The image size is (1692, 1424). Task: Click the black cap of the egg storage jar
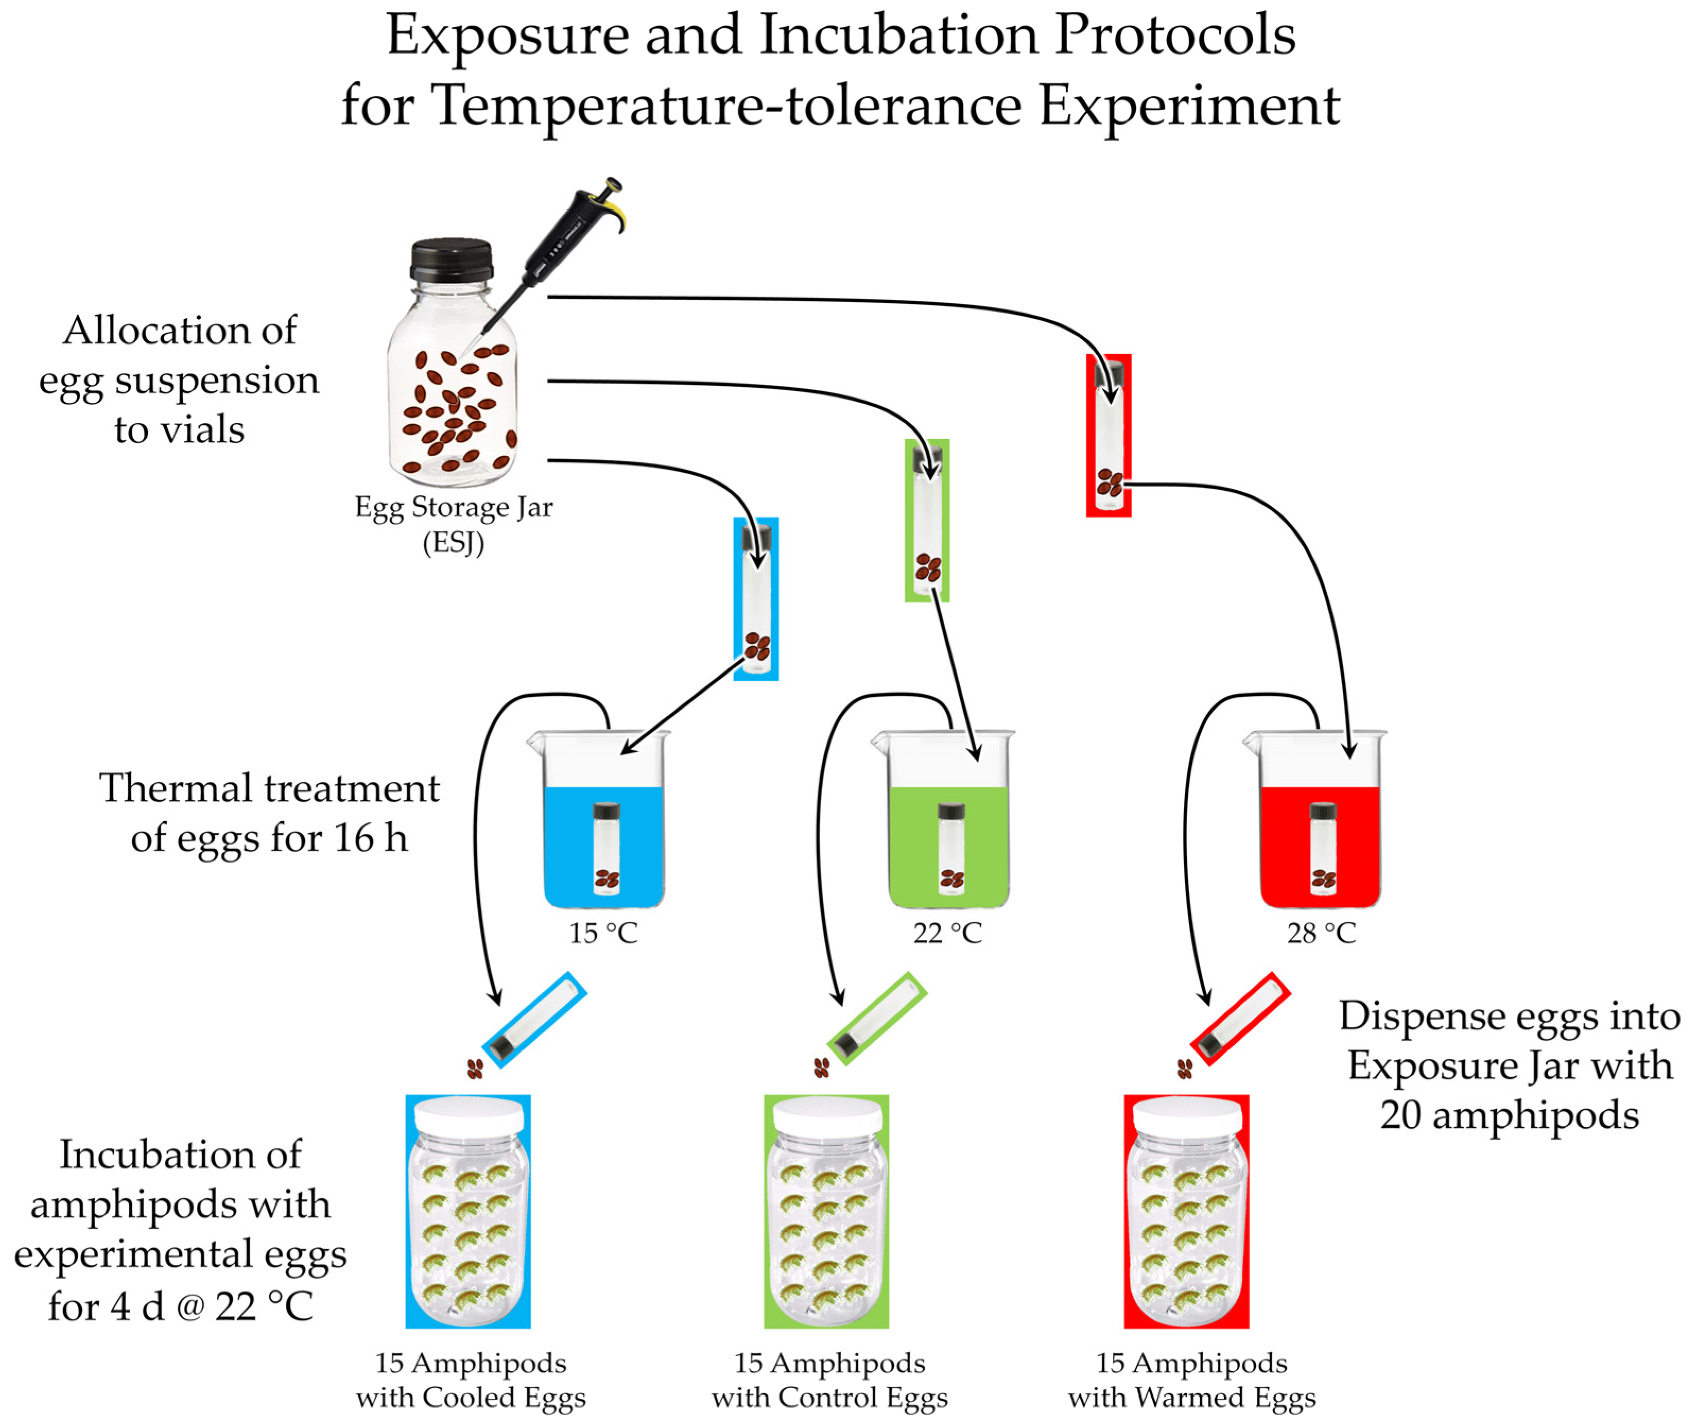(x=451, y=259)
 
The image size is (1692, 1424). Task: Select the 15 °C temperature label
(x=604, y=933)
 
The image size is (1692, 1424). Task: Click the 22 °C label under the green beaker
(x=947, y=933)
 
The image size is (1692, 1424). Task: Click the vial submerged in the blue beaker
(x=606, y=848)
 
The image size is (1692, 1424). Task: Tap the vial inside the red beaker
(x=1323, y=848)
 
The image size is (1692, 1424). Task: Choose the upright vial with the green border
(x=927, y=521)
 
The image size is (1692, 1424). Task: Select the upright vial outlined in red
(x=1109, y=436)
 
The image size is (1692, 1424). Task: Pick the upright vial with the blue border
(x=756, y=599)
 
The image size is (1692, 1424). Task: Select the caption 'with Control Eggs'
(x=830, y=1397)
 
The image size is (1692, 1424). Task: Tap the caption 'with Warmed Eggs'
(x=1192, y=1397)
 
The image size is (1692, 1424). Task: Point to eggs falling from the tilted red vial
(x=1184, y=1069)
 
